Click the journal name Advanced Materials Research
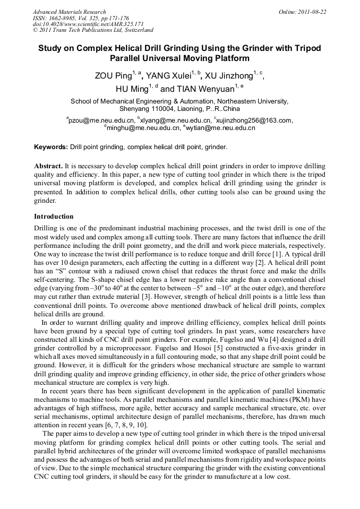click(x=69, y=12)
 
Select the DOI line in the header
click(x=88, y=24)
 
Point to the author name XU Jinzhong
click(x=228, y=76)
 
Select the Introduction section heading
click(x=54, y=217)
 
